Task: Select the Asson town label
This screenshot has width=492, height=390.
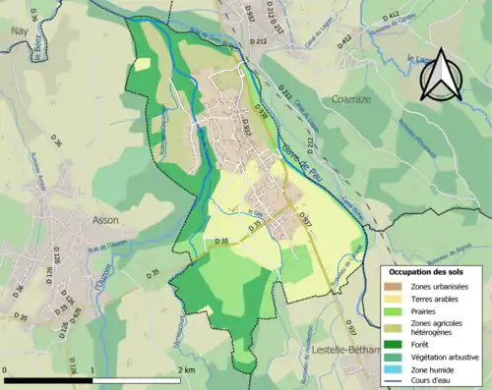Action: [x=105, y=221]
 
